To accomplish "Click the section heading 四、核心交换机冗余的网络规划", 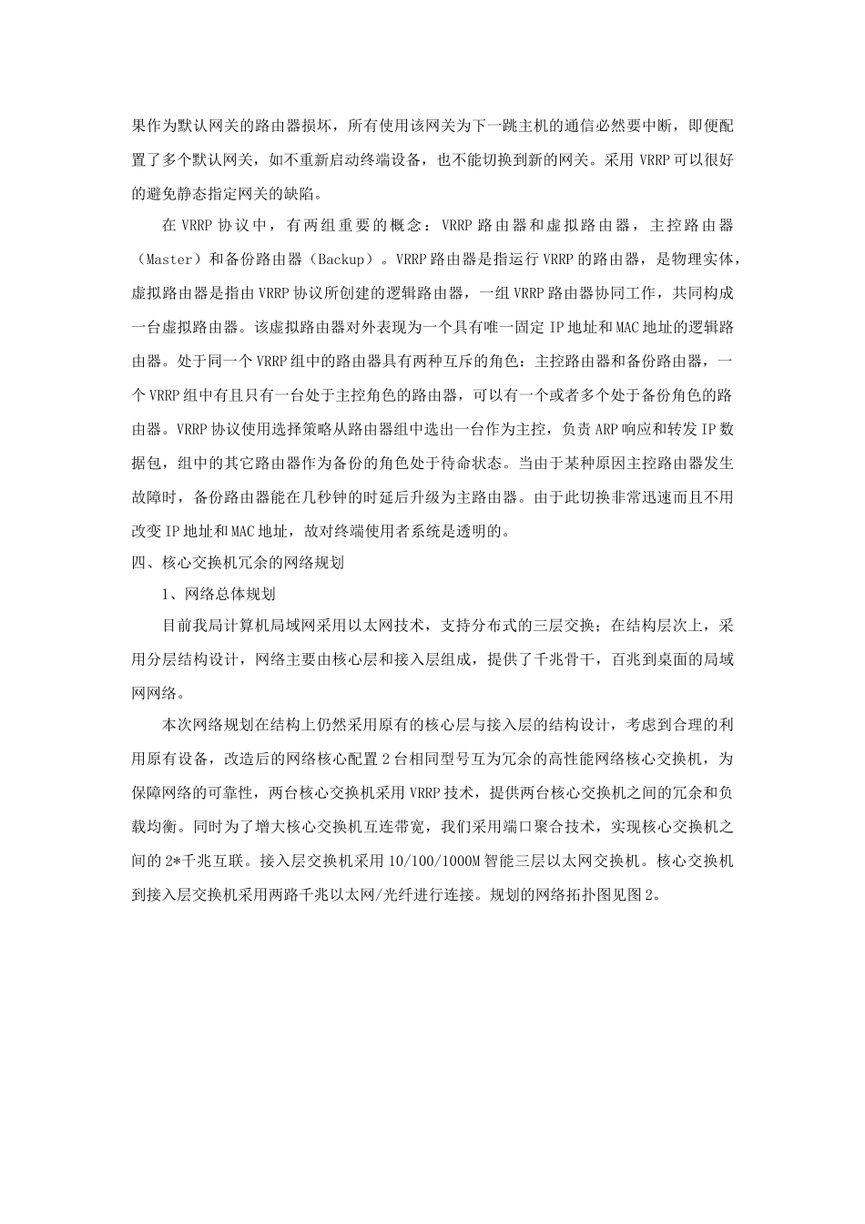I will tap(238, 563).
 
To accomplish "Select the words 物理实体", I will tap(710, 259).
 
